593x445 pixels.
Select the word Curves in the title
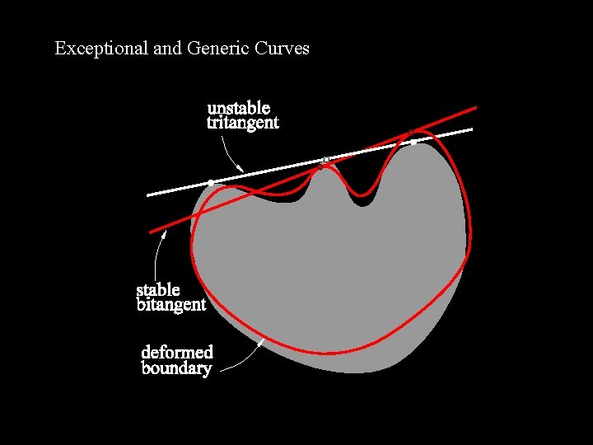(x=282, y=49)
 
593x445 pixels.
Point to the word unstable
(x=238, y=108)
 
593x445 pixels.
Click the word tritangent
(x=242, y=123)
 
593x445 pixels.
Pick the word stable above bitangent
(x=157, y=289)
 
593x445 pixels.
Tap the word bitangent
(x=170, y=305)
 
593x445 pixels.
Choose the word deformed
(x=177, y=352)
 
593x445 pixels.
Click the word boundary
(x=176, y=368)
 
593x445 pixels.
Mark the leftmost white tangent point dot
(x=211, y=182)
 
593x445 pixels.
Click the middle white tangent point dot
(x=326, y=159)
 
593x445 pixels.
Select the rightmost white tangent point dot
(x=413, y=142)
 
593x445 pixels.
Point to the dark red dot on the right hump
(x=410, y=133)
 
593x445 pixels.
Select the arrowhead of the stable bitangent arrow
(x=164, y=233)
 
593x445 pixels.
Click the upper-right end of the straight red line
(x=476, y=107)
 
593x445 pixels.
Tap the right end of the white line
(x=472, y=129)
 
